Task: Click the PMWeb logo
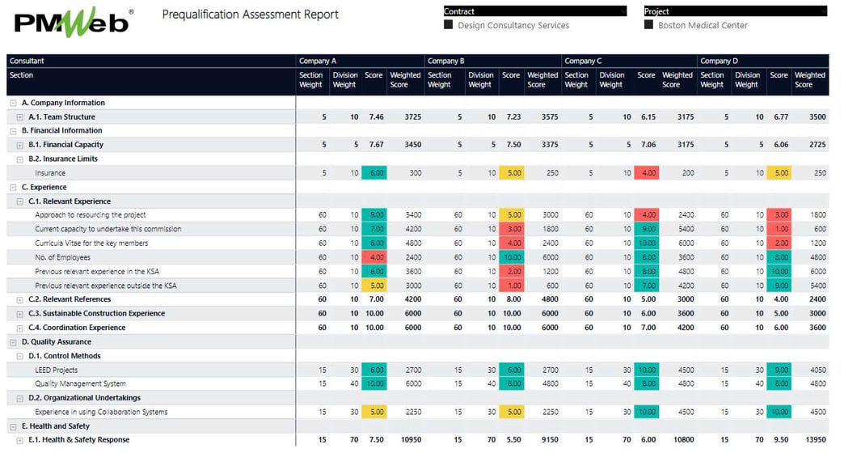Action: coord(71,23)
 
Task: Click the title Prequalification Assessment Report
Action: coord(251,15)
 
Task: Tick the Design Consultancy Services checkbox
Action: coord(449,25)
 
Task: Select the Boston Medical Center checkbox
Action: coord(648,25)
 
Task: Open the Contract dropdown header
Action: coord(534,11)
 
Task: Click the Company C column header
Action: coord(583,61)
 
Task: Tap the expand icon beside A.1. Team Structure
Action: coord(20,117)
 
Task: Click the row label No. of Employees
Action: coord(62,257)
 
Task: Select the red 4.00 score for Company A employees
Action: coord(374,257)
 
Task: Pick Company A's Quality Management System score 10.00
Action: coord(374,383)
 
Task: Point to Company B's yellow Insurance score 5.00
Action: coord(511,173)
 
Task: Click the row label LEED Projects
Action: coord(57,370)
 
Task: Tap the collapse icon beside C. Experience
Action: coord(13,187)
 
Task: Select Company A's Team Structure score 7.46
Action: coord(376,117)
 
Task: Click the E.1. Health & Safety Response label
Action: coord(78,440)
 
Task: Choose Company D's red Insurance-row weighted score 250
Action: coord(819,173)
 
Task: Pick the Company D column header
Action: coord(719,61)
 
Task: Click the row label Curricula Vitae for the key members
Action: coord(91,243)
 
